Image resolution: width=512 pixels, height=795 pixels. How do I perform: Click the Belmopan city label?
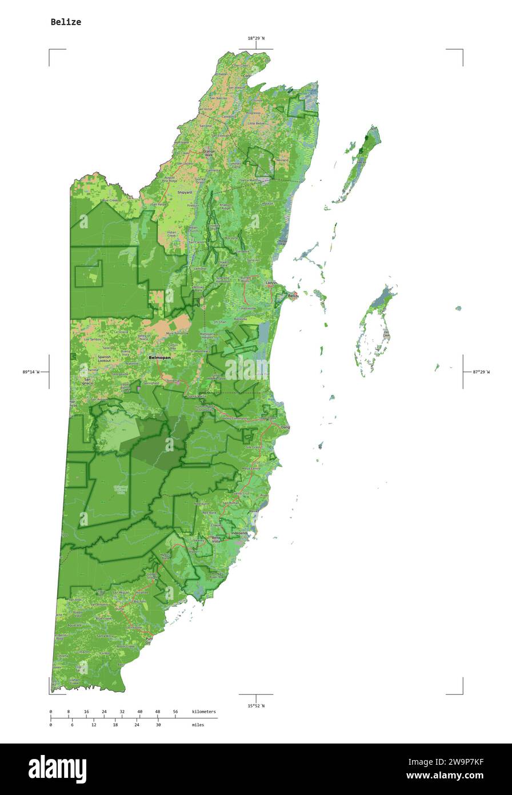159,357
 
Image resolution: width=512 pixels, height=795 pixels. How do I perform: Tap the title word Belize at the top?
66,22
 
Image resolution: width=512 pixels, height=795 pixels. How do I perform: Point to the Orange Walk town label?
208,153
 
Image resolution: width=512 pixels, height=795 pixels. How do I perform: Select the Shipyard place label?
184,193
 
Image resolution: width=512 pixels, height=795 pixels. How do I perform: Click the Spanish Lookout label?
104,359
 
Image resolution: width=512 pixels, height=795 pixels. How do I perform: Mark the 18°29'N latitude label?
256,38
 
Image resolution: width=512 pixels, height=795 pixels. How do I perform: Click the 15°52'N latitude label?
256,706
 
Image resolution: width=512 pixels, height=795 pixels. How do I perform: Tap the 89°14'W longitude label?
31,372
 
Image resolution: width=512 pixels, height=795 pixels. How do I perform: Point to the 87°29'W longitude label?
481,372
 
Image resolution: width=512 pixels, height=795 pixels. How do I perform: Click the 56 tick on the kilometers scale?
175,711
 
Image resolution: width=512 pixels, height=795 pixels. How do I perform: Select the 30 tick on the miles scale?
158,725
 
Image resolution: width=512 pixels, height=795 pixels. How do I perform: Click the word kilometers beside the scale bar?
204,711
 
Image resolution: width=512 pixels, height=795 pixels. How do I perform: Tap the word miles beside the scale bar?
198,725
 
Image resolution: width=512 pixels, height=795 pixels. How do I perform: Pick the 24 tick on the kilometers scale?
104,711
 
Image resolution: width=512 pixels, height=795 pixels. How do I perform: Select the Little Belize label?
256,124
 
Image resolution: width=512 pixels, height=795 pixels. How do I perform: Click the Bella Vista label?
216,539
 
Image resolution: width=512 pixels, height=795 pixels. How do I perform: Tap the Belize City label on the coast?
293,296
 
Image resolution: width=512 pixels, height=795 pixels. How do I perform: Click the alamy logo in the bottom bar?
57,769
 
